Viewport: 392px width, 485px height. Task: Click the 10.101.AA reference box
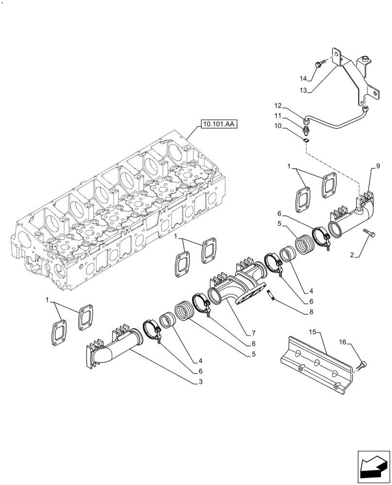(217, 125)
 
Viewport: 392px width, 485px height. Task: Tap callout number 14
(303, 79)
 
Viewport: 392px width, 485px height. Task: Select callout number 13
(303, 90)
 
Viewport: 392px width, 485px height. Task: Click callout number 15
(313, 331)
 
